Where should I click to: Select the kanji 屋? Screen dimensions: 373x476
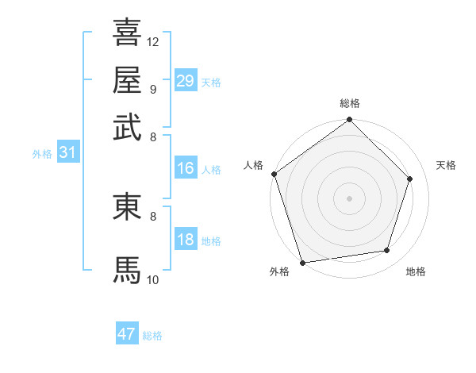click(128, 80)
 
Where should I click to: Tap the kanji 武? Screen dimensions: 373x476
click(128, 127)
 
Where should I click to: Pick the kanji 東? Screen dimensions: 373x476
click(128, 206)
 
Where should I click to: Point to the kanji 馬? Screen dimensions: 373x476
click(128, 270)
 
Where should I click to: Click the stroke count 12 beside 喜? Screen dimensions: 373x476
click(153, 41)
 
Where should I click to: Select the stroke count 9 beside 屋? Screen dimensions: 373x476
click(152, 89)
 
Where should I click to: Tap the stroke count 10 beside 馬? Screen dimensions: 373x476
click(153, 279)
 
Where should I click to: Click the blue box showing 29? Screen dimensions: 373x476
click(186, 80)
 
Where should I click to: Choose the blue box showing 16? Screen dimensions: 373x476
click(186, 168)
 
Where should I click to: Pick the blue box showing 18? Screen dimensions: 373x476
click(186, 240)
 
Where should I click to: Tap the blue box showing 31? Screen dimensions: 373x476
click(67, 152)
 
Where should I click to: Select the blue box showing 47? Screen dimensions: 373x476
click(127, 334)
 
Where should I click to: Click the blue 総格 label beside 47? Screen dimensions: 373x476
click(152, 336)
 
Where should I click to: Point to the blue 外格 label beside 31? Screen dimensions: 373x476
click(42, 154)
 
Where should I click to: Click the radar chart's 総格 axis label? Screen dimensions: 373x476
click(349, 104)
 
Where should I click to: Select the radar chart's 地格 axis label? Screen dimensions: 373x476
click(416, 272)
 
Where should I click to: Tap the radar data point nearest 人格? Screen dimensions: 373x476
click(274, 174)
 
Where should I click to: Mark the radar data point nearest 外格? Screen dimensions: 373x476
click(303, 261)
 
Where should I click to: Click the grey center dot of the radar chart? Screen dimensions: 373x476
click(349, 198)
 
